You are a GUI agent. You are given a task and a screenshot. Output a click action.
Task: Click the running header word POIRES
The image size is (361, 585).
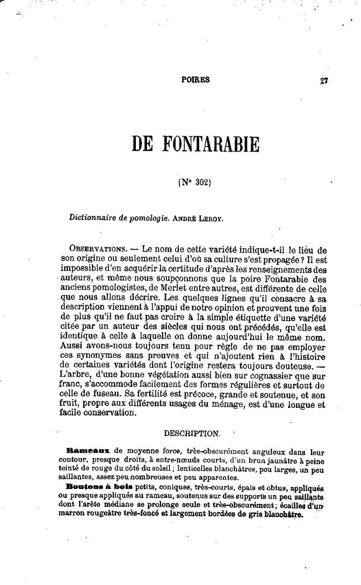pyautogui.click(x=196, y=80)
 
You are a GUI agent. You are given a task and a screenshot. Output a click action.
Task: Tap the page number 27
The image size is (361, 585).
pyautogui.click(x=324, y=80)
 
